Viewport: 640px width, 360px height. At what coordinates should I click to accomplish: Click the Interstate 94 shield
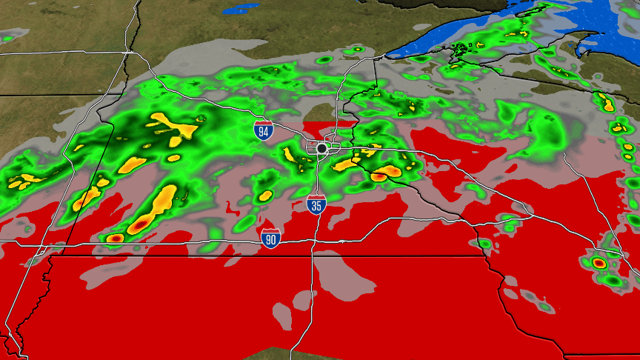point(262,131)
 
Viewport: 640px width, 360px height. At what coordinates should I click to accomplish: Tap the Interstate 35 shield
point(316,204)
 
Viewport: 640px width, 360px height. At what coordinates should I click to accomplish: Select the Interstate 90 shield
point(270,238)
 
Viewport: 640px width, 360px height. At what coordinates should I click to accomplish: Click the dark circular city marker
point(321,148)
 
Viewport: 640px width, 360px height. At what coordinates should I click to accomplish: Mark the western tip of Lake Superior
point(390,57)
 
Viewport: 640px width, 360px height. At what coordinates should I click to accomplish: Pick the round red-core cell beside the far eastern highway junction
point(599,263)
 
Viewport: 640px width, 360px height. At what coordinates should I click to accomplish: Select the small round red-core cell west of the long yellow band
point(115,239)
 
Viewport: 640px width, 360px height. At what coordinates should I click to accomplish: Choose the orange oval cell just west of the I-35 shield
point(265,196)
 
